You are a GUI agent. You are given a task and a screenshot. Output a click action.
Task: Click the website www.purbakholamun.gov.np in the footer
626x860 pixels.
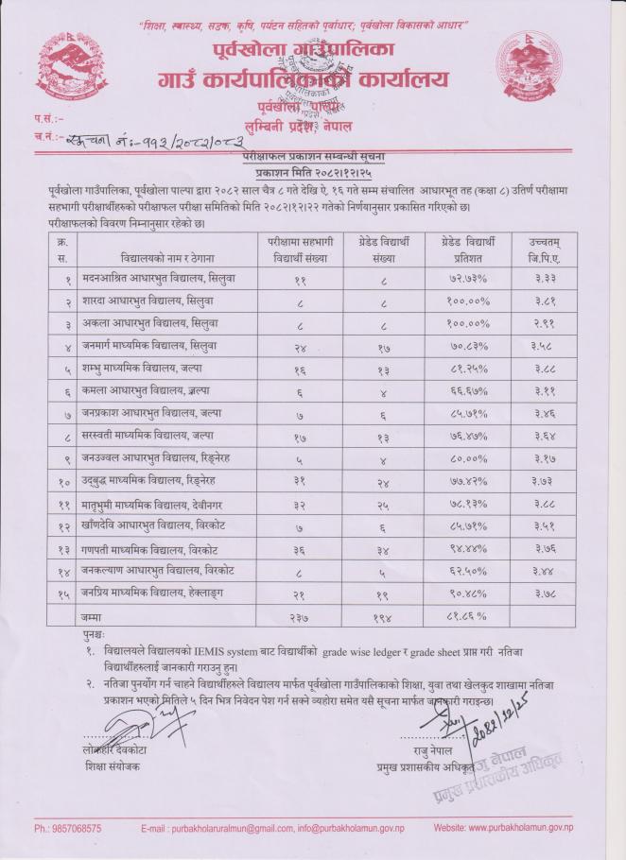click(x=519, y=828)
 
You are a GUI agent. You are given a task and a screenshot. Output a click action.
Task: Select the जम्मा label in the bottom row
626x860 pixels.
click(x=92, y=616)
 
